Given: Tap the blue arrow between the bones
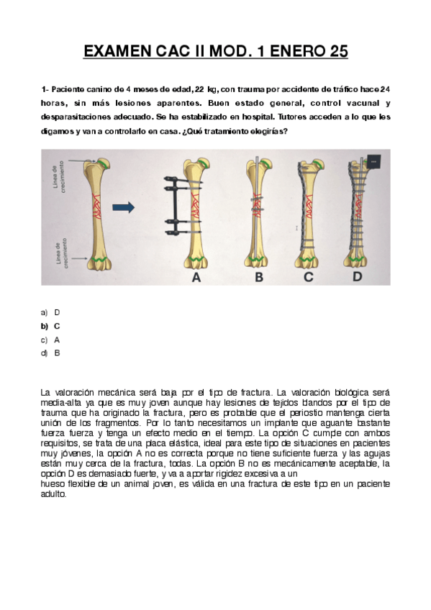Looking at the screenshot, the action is [x=124, y=208].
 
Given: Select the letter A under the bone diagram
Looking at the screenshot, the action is [x=195, y=277].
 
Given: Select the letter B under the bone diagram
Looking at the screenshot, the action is [x=258, y=277].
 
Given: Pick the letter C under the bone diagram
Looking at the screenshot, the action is [x=309, y=277].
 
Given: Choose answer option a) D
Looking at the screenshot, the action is [x=51, y=312].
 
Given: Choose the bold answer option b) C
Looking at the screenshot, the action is [x=51, y=326].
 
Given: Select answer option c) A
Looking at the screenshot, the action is [x=51, y=340].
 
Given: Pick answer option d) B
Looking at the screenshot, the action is [x=51, y=353].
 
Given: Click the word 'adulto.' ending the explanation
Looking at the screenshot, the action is [x=53, y=494].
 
